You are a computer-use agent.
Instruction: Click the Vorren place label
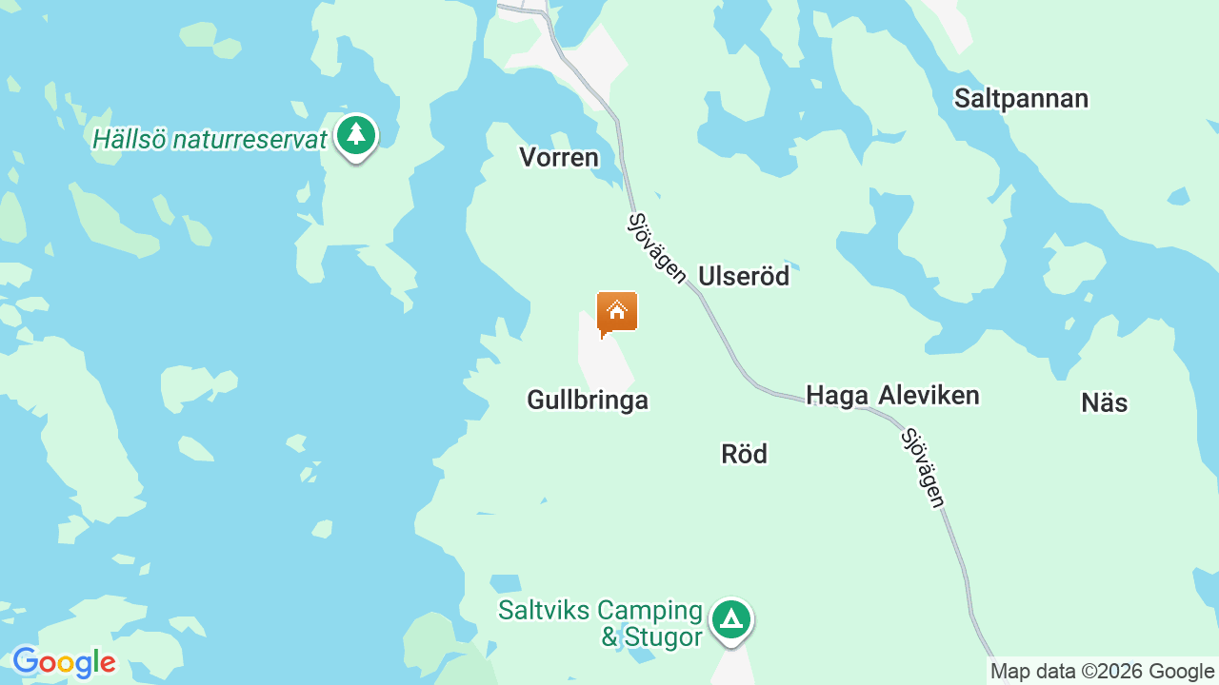(559, 157)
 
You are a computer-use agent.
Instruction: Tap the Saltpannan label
(1021, 99)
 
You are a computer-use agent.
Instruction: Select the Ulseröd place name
(744, 276)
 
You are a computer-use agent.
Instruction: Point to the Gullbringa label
(588, 401)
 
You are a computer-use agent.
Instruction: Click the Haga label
(836, 396)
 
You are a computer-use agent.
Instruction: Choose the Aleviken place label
(929, 396)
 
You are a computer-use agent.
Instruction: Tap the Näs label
(1105, 403)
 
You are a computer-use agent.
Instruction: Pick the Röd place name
(744, 455)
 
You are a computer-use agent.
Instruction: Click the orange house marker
(617, 312)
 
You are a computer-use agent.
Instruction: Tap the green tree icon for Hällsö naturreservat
(356, 135)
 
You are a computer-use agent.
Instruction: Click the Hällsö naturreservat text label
(210, 140)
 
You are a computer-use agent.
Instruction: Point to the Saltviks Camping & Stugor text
(601, 623)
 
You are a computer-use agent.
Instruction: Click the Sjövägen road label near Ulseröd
(657, 248)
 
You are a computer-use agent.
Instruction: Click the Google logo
(64, 662)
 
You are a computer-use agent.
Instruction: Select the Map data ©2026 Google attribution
(1102, 672)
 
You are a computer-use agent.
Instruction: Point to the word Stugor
(663, 636)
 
